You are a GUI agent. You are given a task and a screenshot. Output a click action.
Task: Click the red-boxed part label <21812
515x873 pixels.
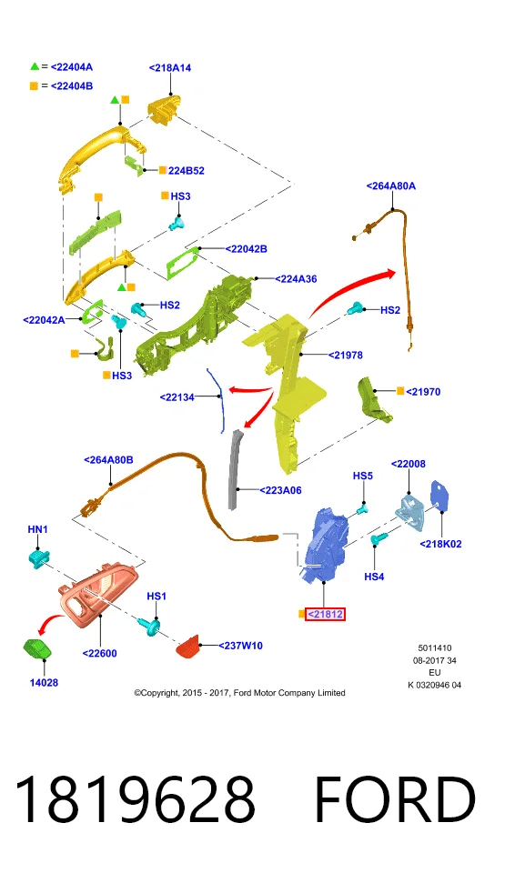tap(325, 614)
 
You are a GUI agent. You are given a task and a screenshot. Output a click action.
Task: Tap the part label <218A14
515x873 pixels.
tap(170, 68)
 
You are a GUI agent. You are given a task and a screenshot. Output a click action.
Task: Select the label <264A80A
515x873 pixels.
tap(390, 186)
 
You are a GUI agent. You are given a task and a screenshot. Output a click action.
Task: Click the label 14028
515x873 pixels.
tap(44, 683)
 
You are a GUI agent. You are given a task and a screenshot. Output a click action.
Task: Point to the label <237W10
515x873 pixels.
tap(240, 646)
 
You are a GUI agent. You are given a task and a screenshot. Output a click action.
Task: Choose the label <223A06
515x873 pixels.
tap(280, 490)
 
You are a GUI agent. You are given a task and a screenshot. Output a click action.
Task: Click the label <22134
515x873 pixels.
tap(177, 397)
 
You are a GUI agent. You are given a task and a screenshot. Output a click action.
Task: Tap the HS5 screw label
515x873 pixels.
tap(363, 476)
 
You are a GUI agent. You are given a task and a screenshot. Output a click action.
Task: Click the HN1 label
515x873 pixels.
tap(38, 529)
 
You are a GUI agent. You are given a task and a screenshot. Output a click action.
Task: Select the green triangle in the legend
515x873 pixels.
tap(35, 66)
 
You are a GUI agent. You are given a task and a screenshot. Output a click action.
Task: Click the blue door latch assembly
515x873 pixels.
tap(326, 544)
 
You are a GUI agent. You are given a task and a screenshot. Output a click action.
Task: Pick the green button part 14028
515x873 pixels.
tap(37, 649)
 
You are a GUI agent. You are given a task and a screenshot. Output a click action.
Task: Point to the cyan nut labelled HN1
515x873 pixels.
tap(39, 557)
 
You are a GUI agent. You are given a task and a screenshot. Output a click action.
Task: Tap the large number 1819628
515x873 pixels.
tap(135, 799)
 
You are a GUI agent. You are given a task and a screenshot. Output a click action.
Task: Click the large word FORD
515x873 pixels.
tap(395, 799)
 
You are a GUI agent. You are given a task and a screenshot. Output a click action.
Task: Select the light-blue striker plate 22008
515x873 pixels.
tap(410, 511)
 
